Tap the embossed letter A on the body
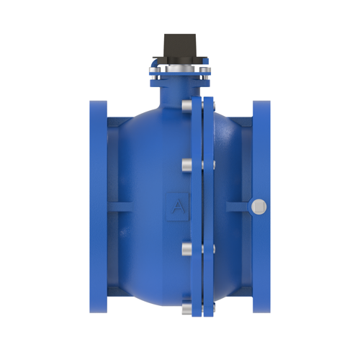[178, 207]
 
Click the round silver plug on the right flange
[258, 207]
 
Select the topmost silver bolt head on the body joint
[187, 106]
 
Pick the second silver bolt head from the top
[187, 165]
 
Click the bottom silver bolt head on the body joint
[187, 309]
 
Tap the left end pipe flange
[99, 207]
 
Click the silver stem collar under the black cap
[180, 68]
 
